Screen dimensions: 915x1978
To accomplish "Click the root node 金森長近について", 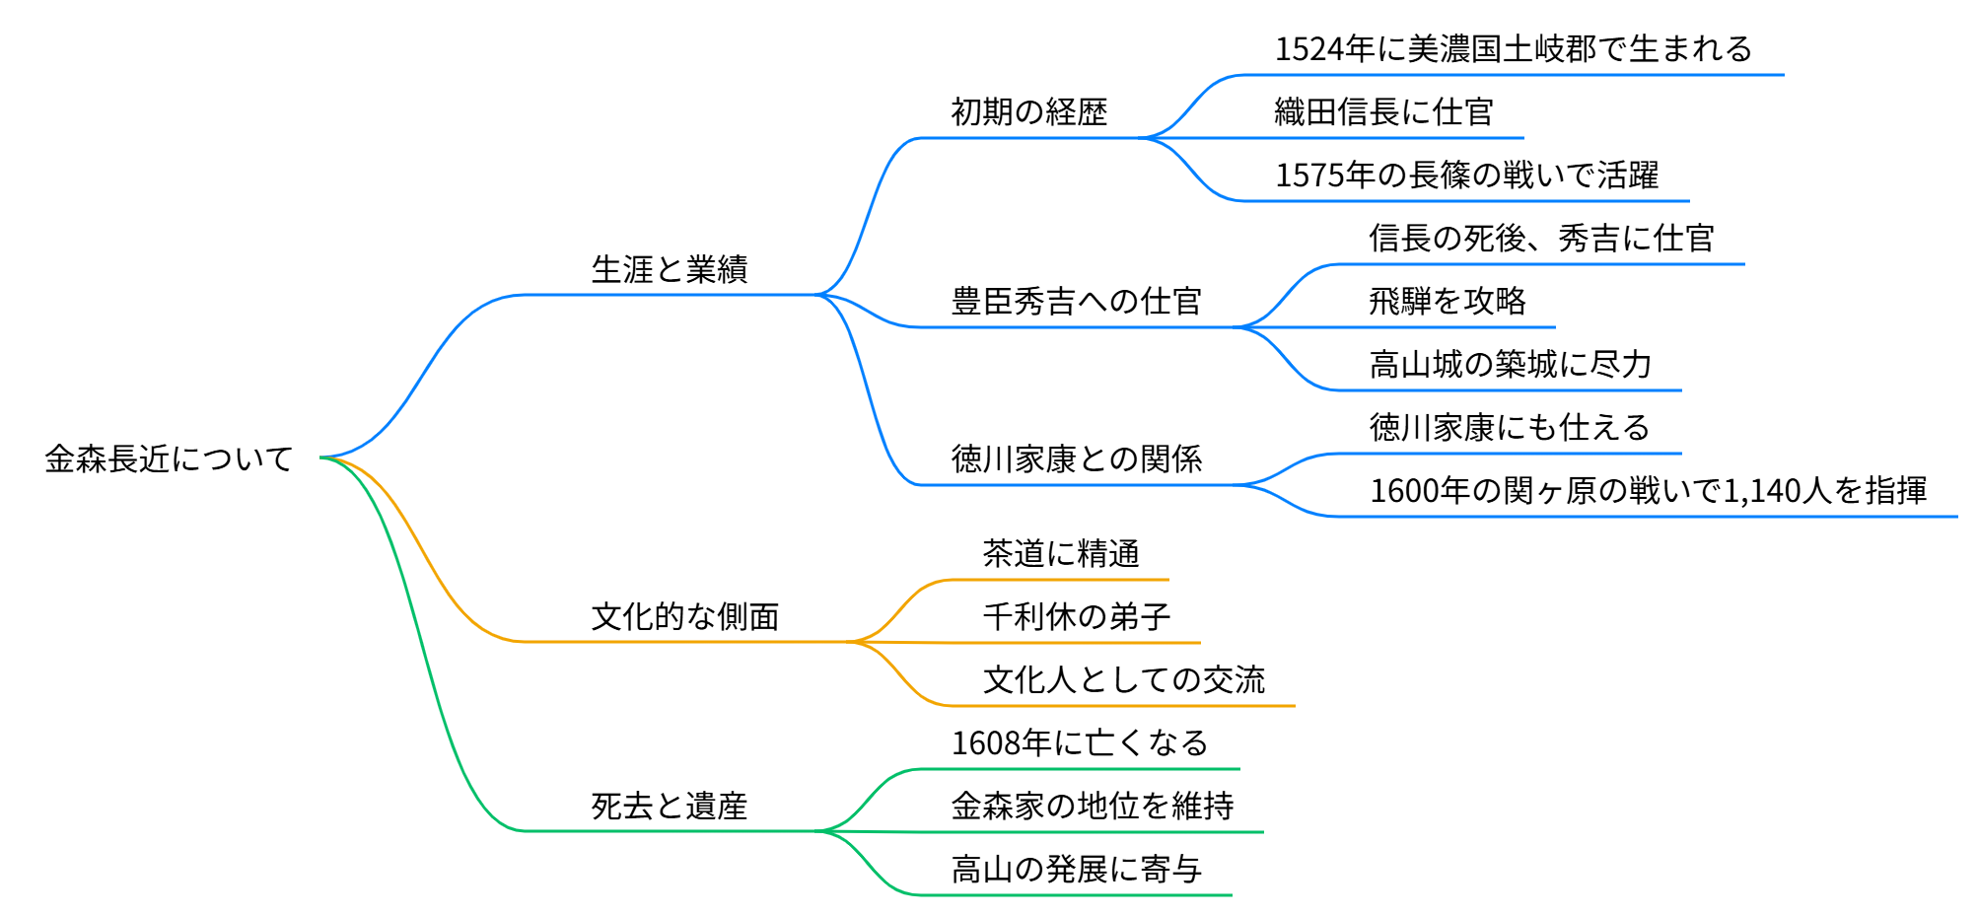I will [169, 458].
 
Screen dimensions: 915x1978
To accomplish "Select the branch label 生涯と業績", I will [670, 269].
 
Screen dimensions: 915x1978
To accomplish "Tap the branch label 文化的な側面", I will [685, 616].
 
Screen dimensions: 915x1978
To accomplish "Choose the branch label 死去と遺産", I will [670, 806].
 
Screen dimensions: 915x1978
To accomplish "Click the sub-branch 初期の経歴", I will [1028, 111].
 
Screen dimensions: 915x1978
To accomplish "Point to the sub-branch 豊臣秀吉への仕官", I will [1076, 301].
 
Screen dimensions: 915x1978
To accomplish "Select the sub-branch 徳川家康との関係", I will [1076, 458].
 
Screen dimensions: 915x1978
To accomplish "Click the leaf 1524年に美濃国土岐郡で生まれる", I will [1513, 48].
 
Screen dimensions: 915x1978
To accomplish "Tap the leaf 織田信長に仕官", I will [1383, 111].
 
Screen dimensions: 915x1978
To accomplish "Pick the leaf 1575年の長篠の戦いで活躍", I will [1466, 175].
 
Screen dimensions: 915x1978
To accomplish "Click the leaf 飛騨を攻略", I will [1447, 301].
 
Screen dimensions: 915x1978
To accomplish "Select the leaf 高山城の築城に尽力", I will [1510, 364].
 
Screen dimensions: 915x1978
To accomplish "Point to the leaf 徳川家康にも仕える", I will [1510, 427].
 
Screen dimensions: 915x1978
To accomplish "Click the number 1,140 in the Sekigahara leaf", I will [1761, 490].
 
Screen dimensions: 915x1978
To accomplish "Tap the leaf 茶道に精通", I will [1060, 553].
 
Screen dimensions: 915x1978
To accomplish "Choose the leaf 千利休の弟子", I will [1076, 616].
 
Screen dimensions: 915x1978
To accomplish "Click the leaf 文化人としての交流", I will [1123, 679].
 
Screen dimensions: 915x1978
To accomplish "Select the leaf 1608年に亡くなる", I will [1080, 742].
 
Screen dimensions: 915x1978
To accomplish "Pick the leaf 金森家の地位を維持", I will [1092, 806].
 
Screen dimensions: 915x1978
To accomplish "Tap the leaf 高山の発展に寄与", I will [1076, 869].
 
